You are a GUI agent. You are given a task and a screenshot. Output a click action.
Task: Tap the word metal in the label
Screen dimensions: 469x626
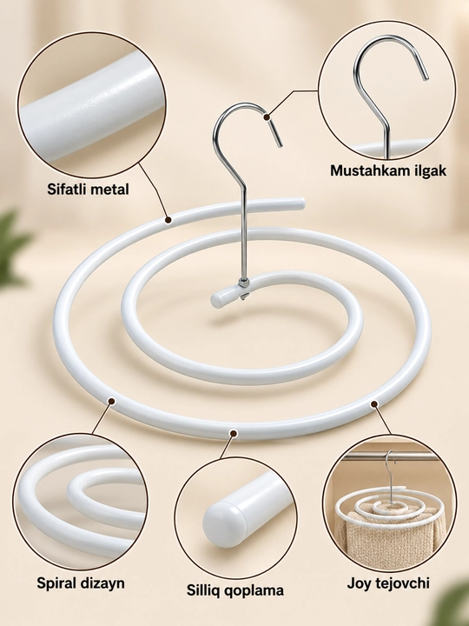(x=111, y=189)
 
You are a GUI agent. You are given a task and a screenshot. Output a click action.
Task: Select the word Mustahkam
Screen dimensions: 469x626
(x=367, y=170)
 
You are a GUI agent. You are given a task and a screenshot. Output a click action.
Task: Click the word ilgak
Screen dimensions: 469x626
(x=426, y=171)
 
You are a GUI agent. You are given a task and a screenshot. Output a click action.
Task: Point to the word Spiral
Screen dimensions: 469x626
(x=57, y=583)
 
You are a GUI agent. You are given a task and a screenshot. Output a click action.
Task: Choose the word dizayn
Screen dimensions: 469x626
(x=103, y=583)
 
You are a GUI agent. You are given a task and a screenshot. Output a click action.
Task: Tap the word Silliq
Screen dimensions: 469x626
(x=203, y=590)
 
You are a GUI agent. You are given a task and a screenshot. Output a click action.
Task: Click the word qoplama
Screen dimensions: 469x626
(x=254, y=591)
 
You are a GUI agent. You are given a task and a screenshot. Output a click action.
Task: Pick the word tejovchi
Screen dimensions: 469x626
(x=403, y=583)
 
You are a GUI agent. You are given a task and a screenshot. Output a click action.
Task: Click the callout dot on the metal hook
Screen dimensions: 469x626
(x=267, y=117)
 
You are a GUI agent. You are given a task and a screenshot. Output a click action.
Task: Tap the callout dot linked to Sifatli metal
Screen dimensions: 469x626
(x=168, y=220)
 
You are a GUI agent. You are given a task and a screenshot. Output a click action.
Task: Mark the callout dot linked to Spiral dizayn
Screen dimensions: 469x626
(x=112, y=401)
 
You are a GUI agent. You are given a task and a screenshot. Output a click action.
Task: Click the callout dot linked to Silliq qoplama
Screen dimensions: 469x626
(x=234, y=433)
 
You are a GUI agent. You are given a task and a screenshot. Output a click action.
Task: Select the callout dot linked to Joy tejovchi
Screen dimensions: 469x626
(x=374, y=404)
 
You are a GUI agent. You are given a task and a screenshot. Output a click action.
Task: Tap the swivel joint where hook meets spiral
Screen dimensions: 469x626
(x=244, y=283)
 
